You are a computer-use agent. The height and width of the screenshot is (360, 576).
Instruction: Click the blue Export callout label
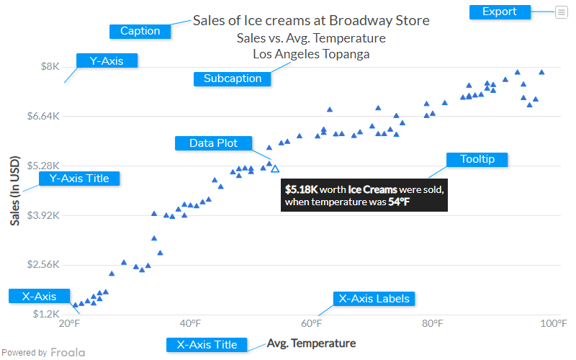coord(500,12)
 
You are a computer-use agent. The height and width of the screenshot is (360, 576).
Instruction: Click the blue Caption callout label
coord(140,31)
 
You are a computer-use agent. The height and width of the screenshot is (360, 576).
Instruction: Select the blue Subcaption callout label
coord(233,78)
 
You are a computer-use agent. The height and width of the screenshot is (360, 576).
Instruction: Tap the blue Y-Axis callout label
coord(106,61)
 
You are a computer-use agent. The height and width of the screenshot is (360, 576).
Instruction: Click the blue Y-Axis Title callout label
coord(78,178)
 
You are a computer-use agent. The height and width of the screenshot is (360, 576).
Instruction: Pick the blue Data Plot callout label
coord(213,143)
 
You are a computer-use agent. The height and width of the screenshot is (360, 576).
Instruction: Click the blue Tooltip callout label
coord(477,159)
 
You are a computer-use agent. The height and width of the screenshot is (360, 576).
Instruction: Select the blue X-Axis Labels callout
coord(374,299)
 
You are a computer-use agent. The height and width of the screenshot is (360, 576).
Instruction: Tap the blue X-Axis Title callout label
coord(207,345)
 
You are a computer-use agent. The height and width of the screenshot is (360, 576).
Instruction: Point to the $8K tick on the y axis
coord(50,67)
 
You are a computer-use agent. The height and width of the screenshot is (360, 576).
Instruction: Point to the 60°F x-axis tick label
coord(311,323)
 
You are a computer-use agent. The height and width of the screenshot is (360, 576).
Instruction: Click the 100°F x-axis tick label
coord(553,323)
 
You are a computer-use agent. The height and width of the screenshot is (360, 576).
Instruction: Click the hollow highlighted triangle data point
coord(275,168)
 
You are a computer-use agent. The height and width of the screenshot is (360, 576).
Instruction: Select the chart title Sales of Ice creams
coord(311,20)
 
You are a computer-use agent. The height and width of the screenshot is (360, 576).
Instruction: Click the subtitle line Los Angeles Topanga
coord(311,53)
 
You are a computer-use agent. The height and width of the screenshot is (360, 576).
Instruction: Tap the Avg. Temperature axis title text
coord(311,343)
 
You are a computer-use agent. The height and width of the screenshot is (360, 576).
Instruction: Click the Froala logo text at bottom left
coord(67,353)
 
